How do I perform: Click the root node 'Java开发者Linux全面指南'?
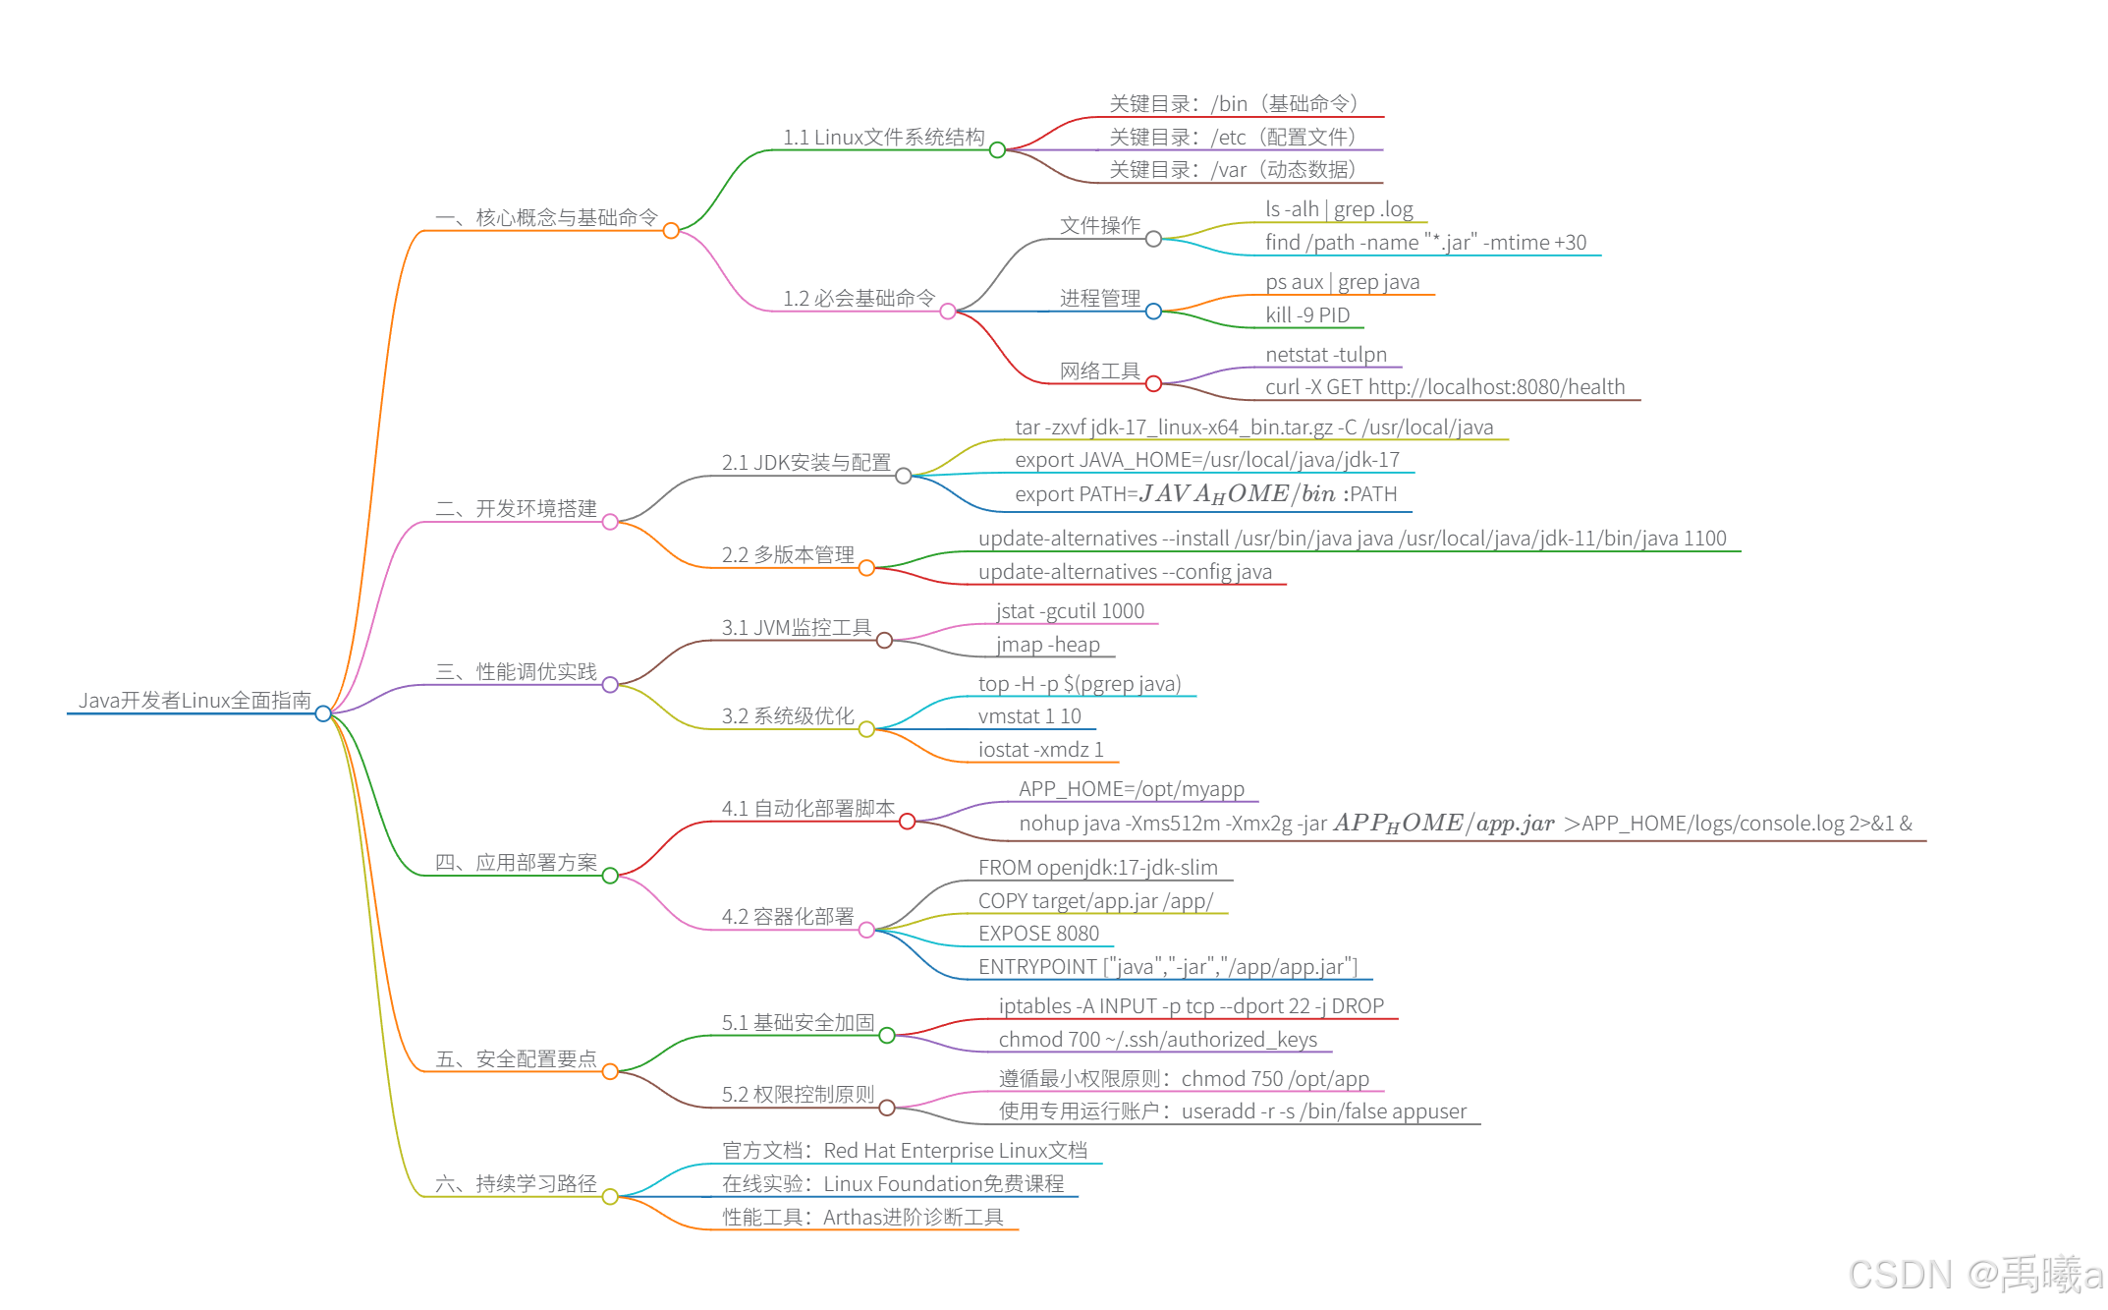click(x=194, y=700)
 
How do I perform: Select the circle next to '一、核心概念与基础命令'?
click(x=671, y=231)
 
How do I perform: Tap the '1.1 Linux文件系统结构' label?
click(x=883, y=138)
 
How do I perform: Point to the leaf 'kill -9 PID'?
click(x=1307, y=315)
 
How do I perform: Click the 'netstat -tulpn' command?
click(x=1325, y=355)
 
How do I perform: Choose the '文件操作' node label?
click(x=1099, y=226)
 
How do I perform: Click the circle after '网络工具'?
click(x=1153, y=384)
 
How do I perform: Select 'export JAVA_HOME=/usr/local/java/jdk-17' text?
click(x=1206, y=460)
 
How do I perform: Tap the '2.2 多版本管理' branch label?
click(x=788, y=555)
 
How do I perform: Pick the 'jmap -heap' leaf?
click(x=1047, y=645)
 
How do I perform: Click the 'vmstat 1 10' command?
click(x=1028, y=716)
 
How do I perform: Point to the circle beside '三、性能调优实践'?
click(x=610, y=685)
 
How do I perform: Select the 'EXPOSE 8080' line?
click(x=1038, y=934)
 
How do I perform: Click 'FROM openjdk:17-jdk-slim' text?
click(x=1097, y=868)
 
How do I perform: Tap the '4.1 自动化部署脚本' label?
click(x=807, y=809)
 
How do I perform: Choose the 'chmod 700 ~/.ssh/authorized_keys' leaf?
click(x=1157, y=1040)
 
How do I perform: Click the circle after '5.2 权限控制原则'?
click(x=887, y=1109)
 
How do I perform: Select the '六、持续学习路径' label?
click(x=516, y=1184)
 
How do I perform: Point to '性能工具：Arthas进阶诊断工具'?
click(x=862, y=1218)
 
